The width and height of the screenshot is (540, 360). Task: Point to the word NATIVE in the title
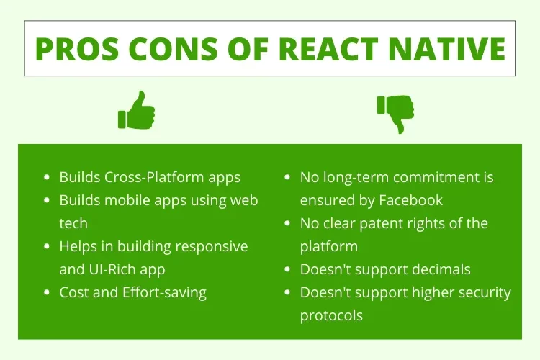pyautogui.click(x=449, y=49)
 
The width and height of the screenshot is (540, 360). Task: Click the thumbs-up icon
pyautogui.click(x=136, y=110)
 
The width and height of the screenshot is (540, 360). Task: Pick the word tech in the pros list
pyautogui.click(x=73, y=223)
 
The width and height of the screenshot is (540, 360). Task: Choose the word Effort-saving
pyautogui.click(x=163, y=292)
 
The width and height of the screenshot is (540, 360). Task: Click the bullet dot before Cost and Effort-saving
pyautogui.click(x=47, y=293)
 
